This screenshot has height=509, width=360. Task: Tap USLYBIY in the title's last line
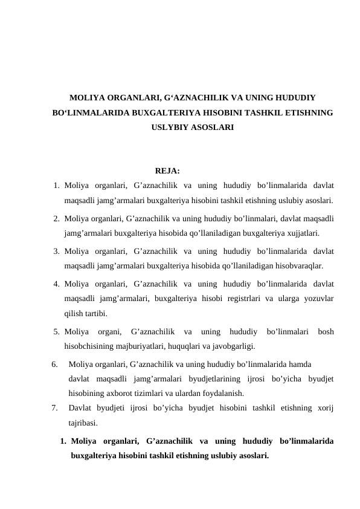[x=170, y=128]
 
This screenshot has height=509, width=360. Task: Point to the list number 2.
[x=56, y=218]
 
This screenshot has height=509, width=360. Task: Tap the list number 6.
[x=55, y=365]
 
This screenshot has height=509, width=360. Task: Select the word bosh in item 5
[x=326, y=331]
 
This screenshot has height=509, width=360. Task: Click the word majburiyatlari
[x=136, y=346]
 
